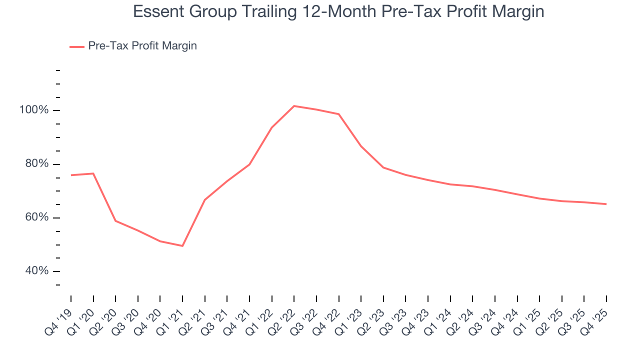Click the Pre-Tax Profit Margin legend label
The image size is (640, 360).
coord(142,46)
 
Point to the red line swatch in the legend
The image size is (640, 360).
coord(76,46)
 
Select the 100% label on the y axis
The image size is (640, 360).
coord(34,110)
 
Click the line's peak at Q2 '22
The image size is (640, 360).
coord(294,106)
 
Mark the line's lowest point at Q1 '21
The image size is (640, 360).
coord(182,246)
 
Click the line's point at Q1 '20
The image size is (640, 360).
coord(93,173)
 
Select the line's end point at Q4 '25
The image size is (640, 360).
coord(606,204)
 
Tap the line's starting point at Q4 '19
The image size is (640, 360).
coord(71,175)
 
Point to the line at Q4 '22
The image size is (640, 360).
coord(339,114)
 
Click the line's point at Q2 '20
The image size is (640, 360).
coord(115,221)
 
